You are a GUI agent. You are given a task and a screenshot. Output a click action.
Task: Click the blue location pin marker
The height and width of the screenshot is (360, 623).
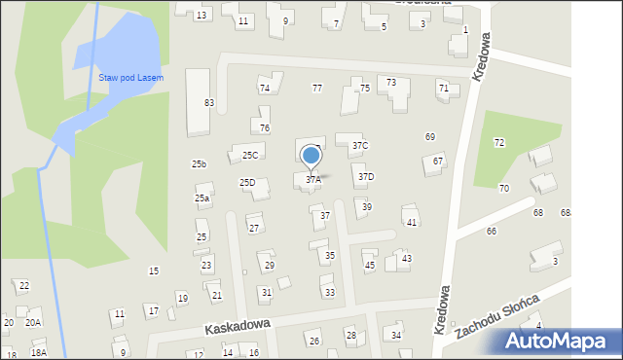point(311,156)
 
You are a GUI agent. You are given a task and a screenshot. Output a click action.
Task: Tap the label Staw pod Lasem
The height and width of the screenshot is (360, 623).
point(130,78)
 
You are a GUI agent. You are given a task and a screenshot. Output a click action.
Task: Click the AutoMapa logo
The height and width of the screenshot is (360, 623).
point(559,342)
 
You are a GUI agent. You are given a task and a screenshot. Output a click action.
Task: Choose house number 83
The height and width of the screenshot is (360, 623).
point(208,103)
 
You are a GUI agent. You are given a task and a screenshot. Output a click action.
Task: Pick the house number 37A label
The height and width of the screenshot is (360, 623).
point(313,180)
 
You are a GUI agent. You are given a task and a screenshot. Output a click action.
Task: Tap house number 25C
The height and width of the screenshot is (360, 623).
point(250,156)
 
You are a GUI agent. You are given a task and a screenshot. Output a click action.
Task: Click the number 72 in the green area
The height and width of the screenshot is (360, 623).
point(498,143)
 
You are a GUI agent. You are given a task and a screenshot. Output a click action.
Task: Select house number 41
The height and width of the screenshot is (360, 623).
point(412,223)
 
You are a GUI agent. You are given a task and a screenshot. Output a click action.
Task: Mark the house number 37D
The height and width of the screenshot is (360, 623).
point(365,177)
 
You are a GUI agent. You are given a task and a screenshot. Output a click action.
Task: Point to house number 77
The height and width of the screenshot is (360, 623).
point(316,89)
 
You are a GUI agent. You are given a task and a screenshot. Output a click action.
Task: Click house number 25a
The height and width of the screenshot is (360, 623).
point(202,198)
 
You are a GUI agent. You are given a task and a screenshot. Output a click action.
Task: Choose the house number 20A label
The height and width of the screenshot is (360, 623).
point(33,323)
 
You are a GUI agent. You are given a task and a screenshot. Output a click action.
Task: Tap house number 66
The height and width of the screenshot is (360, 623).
point(491,232)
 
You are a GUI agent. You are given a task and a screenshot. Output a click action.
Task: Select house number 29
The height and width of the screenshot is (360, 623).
point(270,266)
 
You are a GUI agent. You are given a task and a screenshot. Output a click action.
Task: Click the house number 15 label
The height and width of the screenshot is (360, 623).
point(153,271)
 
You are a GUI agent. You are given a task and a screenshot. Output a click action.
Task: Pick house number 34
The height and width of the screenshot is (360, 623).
point(396,336)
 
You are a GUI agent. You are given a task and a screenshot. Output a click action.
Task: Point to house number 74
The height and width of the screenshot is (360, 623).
point(264,89)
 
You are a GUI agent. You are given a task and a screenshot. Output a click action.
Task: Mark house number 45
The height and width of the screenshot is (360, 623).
point(369,266)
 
